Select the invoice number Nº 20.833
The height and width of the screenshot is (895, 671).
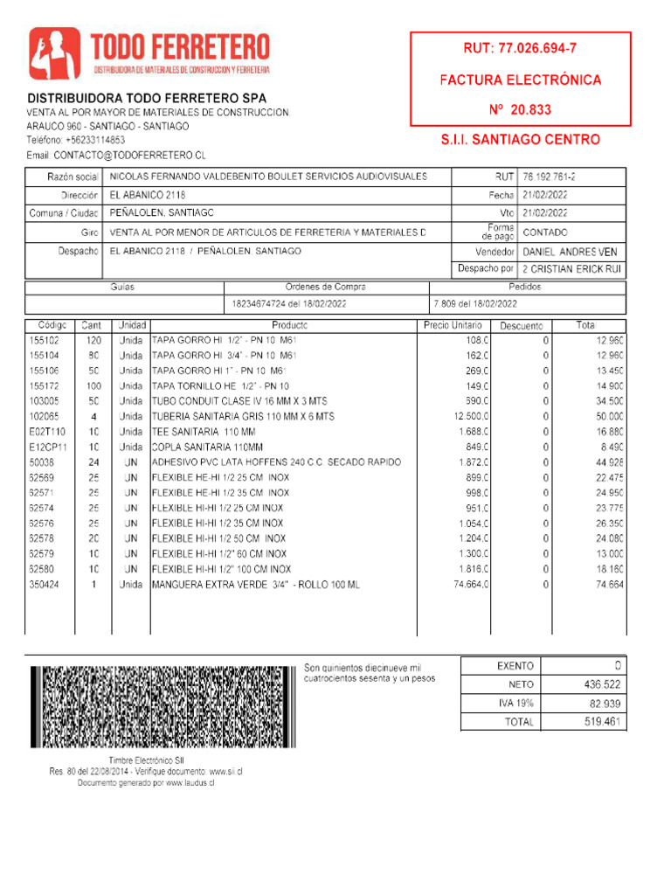tap(520, 110)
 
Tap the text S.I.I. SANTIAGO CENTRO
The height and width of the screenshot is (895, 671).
tap(520, 140)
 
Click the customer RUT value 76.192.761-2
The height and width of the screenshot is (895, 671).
tap(549, 177)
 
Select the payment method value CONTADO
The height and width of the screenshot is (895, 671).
tap(544, 232)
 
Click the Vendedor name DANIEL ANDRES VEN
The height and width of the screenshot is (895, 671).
tap(570, 252)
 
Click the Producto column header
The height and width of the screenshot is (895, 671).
tap(283, 325)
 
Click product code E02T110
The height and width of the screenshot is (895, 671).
tap(47, 432)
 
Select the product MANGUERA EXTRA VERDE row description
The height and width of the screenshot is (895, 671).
tap(255, 584)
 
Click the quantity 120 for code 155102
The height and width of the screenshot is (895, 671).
tap(93, 340)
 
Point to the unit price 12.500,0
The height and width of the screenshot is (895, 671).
tap(471, 417)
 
